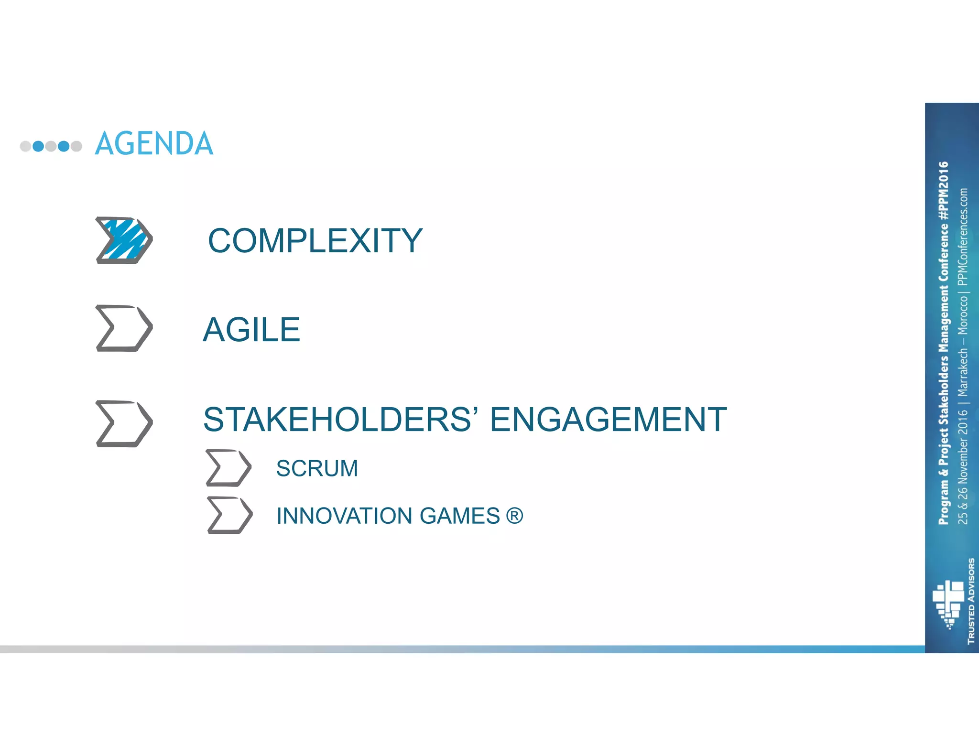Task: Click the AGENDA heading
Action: coord(154,144)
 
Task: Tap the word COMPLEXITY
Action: coord(315,240)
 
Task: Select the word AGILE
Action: coord(251,330)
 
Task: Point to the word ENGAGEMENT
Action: coord(608,420)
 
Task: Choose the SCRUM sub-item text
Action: coord(317,468)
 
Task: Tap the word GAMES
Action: coord(459,516)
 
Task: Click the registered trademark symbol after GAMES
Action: coord(514,516)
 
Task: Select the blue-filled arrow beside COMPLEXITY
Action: coord(124,240)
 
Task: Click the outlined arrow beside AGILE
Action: coord(124,328)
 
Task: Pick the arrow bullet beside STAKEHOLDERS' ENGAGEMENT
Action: coord(124,423)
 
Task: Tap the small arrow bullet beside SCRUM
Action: coord(228,468)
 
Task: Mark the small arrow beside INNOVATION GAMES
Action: coord(229,515)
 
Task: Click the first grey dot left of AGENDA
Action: coord(25,146)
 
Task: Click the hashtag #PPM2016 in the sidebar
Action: coord(943,191)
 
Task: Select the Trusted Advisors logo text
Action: coord(971,601)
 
